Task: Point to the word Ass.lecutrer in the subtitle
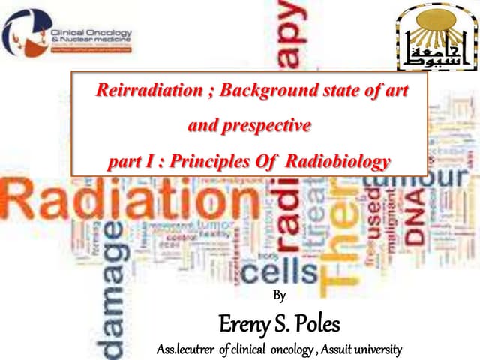(x=187, y=349)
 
